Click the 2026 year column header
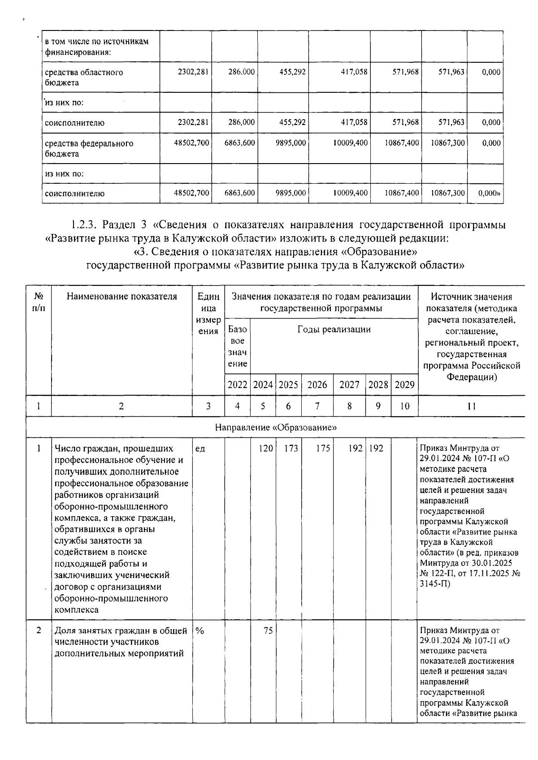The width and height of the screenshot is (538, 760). coord(317,385)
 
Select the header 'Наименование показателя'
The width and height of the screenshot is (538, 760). coord(121,297)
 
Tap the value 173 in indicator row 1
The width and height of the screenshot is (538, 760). coord(291,449)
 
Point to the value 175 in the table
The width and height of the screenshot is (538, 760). coord(323,449)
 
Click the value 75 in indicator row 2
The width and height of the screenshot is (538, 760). coord(268,630)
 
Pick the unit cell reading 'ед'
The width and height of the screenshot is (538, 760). coord(200,449)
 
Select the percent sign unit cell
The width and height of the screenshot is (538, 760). coord(200,630)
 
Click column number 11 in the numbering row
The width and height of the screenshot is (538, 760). coord(471,406)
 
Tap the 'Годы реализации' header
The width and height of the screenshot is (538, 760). coord(334,330)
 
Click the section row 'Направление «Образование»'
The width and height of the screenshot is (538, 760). coord(275,427)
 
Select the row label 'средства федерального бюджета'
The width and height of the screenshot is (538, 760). coord(89,149)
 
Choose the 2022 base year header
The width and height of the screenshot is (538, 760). coord(237,385)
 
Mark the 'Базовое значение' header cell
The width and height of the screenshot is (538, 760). coord(237,346)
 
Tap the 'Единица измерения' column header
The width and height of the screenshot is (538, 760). coord(208,314)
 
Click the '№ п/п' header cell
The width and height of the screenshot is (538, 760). coord(39,302)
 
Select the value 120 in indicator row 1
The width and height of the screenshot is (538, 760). coord(266,449)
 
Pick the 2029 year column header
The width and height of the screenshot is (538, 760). coord(404,385)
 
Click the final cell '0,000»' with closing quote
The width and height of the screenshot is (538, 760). coord(489,194)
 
